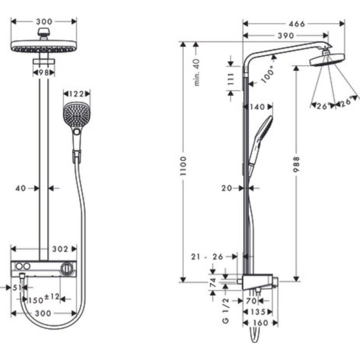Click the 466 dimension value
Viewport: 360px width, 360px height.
click(296, 24)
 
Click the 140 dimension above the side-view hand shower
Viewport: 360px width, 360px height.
click(257, 107)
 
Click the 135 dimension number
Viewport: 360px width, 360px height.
click(257, 311)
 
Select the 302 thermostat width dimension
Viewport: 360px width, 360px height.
click(60, 249)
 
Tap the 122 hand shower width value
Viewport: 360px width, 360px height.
click(76, 94)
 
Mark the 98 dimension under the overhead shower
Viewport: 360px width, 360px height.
click(43, 72)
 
